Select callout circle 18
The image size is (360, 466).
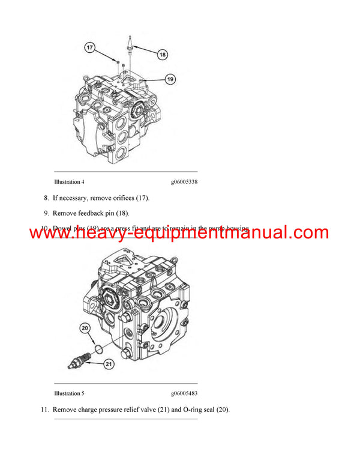click(163, 55)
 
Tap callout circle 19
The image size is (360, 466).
click(170, 79)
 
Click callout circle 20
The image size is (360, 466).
click(85, 328)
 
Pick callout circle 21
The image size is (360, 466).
click(109, 363)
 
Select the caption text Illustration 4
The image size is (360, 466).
click(69, 181)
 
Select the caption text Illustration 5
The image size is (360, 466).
click(69, 393)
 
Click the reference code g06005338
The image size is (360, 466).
click(184, 181)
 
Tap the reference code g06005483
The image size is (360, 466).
click(184, 393)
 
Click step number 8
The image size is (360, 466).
click(46, 198)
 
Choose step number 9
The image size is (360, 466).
click(46, 213)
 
